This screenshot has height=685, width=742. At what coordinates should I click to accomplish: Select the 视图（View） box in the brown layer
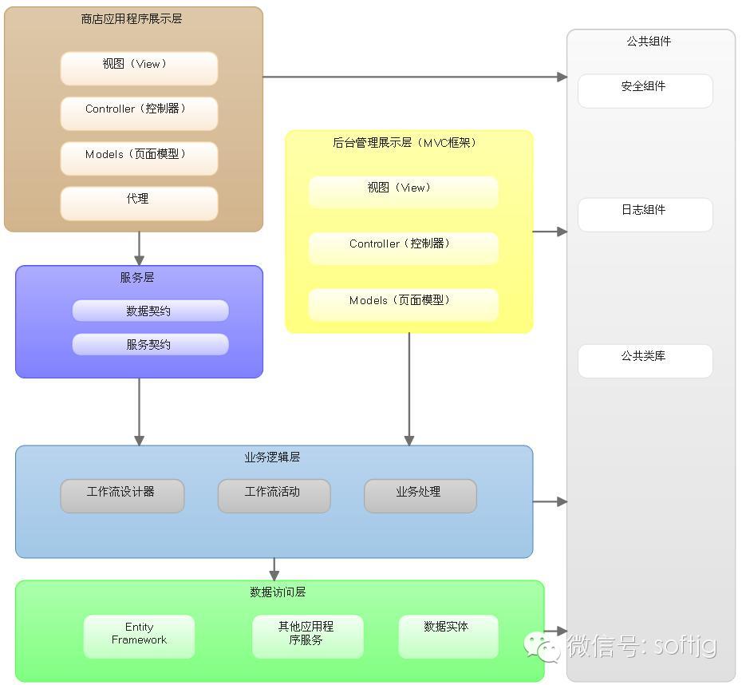[x=139, y=69]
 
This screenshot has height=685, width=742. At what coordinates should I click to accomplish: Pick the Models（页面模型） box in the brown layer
[x=139, y=158]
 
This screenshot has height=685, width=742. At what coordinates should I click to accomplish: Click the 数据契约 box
[x=150, y=311]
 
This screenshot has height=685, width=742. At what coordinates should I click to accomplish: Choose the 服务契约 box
[x=150, y=344]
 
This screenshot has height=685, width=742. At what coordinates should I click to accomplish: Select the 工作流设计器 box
[x=122, y=496]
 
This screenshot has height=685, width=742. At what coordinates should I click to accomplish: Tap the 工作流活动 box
[x=274, y=496]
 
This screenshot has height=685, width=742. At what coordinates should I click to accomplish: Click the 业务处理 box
[x=420, y=496]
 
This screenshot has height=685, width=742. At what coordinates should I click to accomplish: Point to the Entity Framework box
[x=139, y=636]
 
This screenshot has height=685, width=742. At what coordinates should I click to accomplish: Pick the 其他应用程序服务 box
[x=307, y=636]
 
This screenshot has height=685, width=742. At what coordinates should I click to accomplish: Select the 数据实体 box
[x=448, y=636]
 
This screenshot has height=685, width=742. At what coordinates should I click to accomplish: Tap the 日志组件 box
[x=645, y=215]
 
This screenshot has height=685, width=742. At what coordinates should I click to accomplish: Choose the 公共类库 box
[x=645, y=361]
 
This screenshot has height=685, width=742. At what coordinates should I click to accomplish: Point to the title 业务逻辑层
[x=272, y=457]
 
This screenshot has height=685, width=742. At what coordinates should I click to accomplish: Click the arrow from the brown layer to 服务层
[x=139, y=248]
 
